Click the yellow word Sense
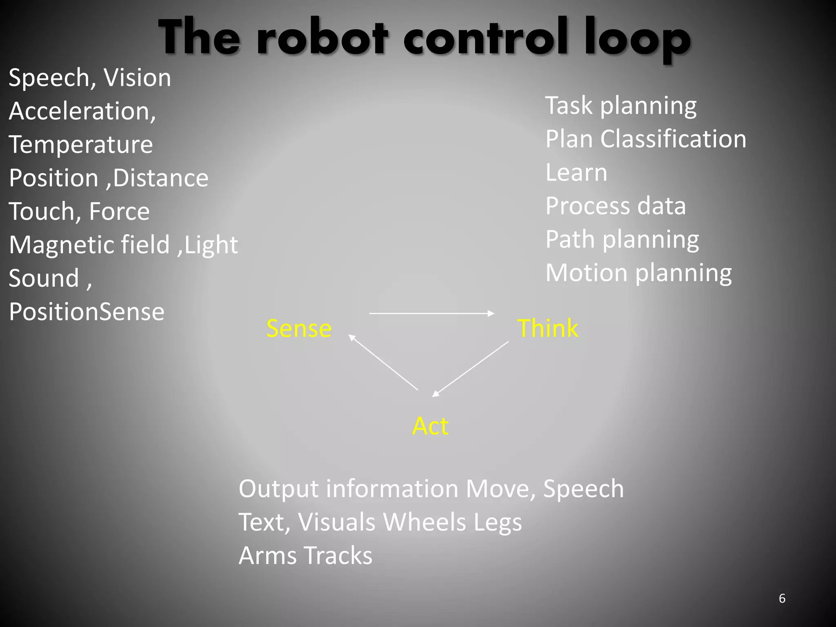(299, 329)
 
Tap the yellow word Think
(547, 328)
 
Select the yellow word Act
(430, 426)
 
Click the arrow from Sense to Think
(431, 313)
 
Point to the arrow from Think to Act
(471, 369)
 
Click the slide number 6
(782, 598)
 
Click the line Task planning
(621, 106)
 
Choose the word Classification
(673, 139)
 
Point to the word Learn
(576, 173)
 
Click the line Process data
(616, 206)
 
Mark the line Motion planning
(638, 273)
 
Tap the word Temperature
(81, 145)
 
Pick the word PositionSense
(87, 312)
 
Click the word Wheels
(424, 522)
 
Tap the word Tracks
(338, 556)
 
